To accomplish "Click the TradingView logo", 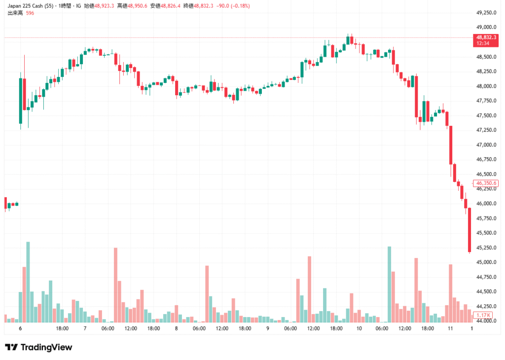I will pyautogui.click(x=38, y=347).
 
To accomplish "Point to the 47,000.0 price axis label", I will pyautogui.click(x=485, y=145).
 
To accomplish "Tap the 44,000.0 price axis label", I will pyautogui.click(x=485, y=321).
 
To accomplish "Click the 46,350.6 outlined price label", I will pyautogui.click(x=486, y=183).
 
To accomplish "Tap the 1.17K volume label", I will pyautogui.click(x=485, y=315).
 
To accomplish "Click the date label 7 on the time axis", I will pyautogui.click(x=85, y=328).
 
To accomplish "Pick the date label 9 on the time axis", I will pyautogui.click(x=268, y=328).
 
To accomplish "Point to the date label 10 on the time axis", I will pyautogui.click(x=359, y=328).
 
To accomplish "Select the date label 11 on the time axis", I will pyautogui.click(x=450, y=328).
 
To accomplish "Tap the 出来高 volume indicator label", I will pyautogui.click(x=15, y=13).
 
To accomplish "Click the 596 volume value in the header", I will pyautogui.click(x=30, y=13).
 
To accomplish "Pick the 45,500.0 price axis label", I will pyautogui.click(x=485, y=233).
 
